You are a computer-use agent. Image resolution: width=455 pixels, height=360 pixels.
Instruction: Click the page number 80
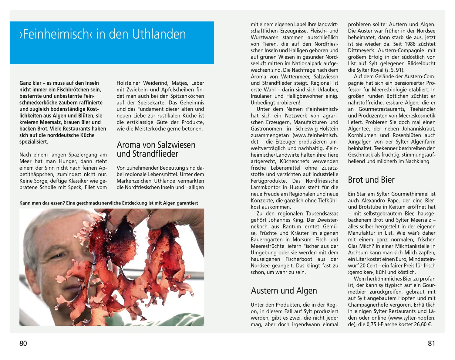pyautogui.click(x=23, y=343)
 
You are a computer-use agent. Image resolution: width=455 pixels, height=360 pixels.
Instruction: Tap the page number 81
pyautogui.click(x=431, y=343)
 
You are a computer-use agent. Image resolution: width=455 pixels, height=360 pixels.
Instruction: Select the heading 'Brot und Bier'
pyautogui.click(x=371, y=180)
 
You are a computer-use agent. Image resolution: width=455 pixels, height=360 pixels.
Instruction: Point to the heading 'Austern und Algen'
pyautogui.click(x=284, y=291)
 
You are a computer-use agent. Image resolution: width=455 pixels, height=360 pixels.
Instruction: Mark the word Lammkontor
pyautogui.click(x=264, y=188)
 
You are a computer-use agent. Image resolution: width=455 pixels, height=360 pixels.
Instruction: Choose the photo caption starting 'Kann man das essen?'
pyautogui.click(x=109, y=203)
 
